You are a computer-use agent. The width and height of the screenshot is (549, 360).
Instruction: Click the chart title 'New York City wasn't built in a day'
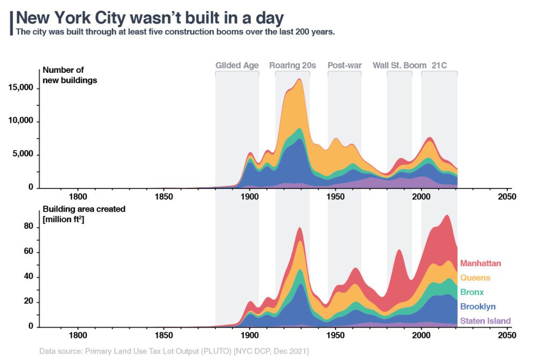pyautogui.click(x=150, y=18)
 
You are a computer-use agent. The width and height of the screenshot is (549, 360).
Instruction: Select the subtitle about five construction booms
pyautogui.click(x=175, y=32)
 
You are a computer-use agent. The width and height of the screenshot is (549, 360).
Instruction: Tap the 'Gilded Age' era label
pyautogui.click(x=237, y=65)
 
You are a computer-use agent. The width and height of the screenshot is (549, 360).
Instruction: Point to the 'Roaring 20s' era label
pyautogui.click(x=292, y=65)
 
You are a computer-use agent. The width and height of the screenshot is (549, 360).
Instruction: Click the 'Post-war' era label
pyautogui.click(x=344, y=65)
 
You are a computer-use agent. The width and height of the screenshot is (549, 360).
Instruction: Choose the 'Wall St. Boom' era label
pyautogui.click(x=399, y=65)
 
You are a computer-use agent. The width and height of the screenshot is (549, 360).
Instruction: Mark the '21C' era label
pyautogui.click(x=439, y=65)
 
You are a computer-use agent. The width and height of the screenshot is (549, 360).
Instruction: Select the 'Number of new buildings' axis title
pyautogui.click(x=63, y=75)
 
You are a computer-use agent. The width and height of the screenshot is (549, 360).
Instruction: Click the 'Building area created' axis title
pyautogui.click(x=84, y=214)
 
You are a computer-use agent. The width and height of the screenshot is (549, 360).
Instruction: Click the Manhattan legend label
pyautogui.click(x=480, y=263)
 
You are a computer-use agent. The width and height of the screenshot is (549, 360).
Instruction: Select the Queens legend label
pyautogui.click(x=474, y=277)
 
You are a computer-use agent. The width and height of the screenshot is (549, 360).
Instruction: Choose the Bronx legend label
pyautogui.click(x=472, y=292)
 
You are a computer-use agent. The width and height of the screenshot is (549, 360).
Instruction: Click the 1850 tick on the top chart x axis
pyautogui.click(x=164, y=196)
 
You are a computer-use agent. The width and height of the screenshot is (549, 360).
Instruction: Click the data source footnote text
pyautogui.click(x=174, y=351)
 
